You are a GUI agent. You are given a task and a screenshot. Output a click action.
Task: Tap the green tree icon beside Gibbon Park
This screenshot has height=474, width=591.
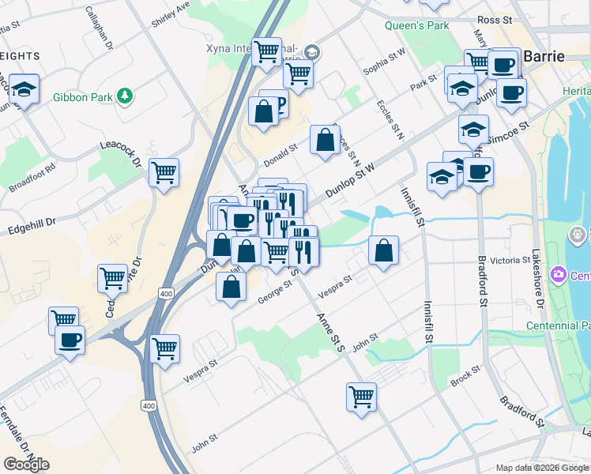coord(124,96)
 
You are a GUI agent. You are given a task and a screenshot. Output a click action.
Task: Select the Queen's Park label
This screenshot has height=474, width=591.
coord(416,25)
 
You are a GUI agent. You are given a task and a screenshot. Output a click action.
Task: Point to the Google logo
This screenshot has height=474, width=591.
coord(26,464)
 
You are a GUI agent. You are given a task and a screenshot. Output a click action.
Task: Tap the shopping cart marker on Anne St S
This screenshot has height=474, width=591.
coord(361,396)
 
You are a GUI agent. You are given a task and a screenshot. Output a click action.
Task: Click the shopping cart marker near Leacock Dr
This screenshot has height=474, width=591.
coord(164,171)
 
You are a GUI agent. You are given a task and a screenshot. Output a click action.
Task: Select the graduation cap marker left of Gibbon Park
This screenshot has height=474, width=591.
coord(24,89)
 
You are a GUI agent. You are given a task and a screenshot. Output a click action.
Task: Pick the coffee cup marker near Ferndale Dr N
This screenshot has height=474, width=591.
coord(70,340)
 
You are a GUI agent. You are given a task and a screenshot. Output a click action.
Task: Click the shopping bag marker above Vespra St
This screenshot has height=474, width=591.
coord(383,250)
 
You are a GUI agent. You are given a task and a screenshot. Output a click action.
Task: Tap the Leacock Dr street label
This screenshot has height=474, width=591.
coord(119,150)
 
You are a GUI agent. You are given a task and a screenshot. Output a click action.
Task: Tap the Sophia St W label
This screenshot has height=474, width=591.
coord(384,64)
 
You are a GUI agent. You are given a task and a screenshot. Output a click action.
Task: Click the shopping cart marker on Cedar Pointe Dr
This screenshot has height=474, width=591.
coord(113,277)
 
